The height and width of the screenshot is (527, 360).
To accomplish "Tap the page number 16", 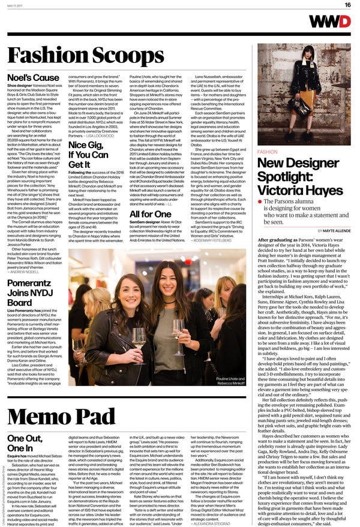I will [347, 5].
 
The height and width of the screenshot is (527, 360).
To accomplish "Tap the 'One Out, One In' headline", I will [25, 426].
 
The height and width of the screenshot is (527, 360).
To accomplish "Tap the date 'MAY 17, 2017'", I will [18, 5].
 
